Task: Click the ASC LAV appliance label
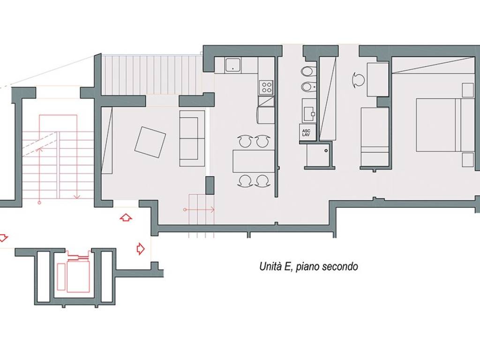(x=306, y=133)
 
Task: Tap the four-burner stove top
(x=266, y=87)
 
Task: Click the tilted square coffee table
(x=150, y=142)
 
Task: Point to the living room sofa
(x=192, y=138)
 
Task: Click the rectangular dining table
(x=254, y=161)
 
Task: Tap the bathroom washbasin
(x=308, y=111)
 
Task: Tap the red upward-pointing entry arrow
(x=126, y=217)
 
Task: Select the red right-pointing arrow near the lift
(x=140, y=248)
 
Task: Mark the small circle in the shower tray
(x=326, y=150)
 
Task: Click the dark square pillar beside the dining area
(x=210, y=185)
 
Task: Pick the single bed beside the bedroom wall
(x=375, y=136)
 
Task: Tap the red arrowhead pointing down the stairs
(x=76, y=196)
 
